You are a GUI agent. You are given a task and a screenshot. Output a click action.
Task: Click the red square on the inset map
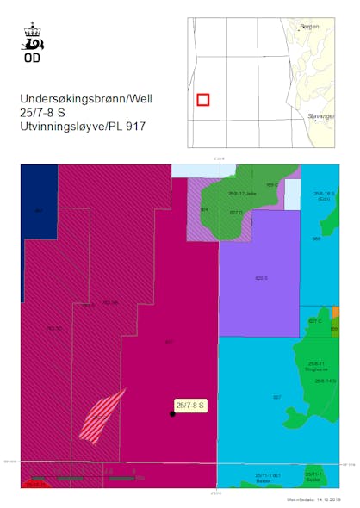pyautogui.click(x=202, y=100)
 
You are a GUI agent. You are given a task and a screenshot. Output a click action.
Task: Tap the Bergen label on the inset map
pyautogui.click(x=307, y=28)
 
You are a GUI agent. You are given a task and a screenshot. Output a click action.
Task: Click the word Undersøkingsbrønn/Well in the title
pyautogui.click(x=86, y=99)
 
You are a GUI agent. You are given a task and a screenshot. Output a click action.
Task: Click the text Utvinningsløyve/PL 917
pyautogui.click(x=84, y=127)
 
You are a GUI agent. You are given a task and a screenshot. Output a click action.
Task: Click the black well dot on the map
pyautogui.click(x=172, y=414)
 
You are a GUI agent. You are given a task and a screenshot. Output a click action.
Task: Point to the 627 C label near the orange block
pyautogui.click(x=314, y=321)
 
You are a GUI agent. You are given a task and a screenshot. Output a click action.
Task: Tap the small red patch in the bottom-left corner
pyautogui.click(x=34, y=485)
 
